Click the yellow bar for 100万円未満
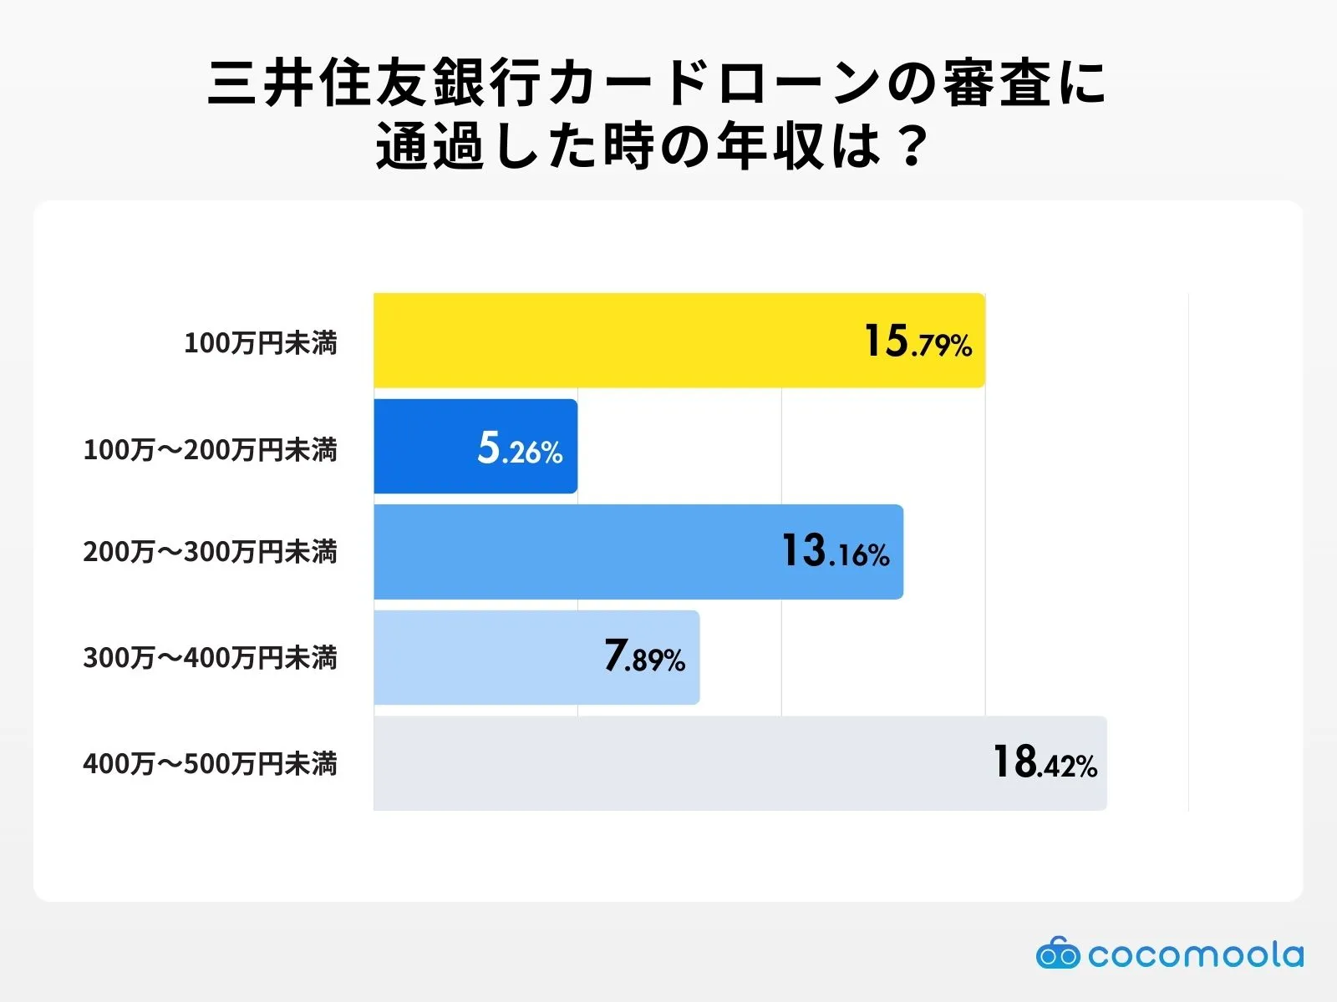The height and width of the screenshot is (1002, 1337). tap(618, 340)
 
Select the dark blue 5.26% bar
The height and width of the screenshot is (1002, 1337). tap(426, 447)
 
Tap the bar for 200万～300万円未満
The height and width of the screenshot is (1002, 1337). tap(577, 552)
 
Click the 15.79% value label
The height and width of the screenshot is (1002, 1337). tap(918, 342)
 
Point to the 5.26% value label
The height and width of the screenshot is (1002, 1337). tap(520, 448)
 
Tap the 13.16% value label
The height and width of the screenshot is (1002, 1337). tap(836, 552)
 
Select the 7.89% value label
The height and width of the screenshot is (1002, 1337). tap(644, 657)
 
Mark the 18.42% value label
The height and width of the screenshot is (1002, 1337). tap(1045, 763)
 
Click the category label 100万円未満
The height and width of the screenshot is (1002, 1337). tap(260, 342)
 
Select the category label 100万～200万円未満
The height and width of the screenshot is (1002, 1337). tap(210, 449)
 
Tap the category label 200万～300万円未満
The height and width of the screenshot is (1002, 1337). tap(210, 552)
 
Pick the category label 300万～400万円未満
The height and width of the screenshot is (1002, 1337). tap(210, 658)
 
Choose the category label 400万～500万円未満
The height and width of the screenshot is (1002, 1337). tap(210, 763)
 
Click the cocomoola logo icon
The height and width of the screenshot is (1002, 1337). tap(1057, 953)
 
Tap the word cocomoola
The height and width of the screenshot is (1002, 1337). tap(1195, 954)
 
